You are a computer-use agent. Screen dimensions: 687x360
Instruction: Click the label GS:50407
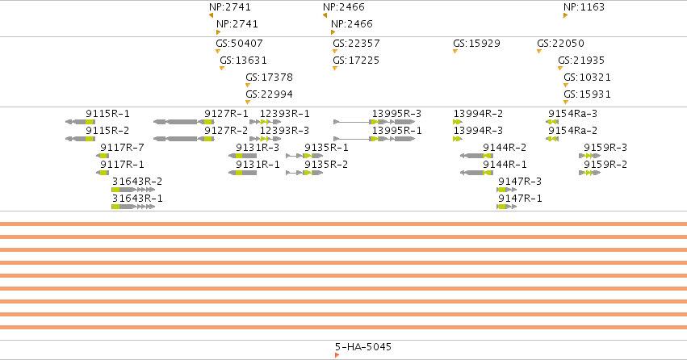pos(239,44)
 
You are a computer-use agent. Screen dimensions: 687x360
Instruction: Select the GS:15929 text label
pos(476,44)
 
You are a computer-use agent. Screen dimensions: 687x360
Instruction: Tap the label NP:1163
pos(584,7)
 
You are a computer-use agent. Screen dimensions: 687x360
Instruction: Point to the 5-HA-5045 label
pos(363,347)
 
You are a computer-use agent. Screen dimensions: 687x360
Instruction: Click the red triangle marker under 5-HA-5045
pos(337,355)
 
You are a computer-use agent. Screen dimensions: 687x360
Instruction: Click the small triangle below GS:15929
pos(455,52)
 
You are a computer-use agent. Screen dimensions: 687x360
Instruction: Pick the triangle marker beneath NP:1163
pos(565,15)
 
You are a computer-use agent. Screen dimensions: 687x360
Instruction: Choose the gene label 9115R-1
pos(108,114)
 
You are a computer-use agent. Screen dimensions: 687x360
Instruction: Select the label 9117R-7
pos(122,148)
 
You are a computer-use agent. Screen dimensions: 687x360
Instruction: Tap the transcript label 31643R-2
pos(137,182)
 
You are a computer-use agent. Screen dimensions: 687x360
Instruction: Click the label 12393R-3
pos(284,131)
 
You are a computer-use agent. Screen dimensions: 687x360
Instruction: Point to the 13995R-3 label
pos(396,114)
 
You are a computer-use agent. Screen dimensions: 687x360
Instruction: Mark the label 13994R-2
pos(478,114)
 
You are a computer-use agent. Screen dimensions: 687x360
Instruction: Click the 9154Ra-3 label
pos(572,114)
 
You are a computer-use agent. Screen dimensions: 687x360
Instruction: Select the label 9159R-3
pos(605,148)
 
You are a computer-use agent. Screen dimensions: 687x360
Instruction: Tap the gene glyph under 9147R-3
pos(506,190)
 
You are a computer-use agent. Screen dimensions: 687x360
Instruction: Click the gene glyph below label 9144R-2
pos(476,156)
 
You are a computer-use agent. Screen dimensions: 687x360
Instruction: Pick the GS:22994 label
pos(269,94)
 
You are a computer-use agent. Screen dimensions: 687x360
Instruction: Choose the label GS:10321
pos(587,77)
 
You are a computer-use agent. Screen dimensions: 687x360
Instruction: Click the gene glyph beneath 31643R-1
pos(133,207)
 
